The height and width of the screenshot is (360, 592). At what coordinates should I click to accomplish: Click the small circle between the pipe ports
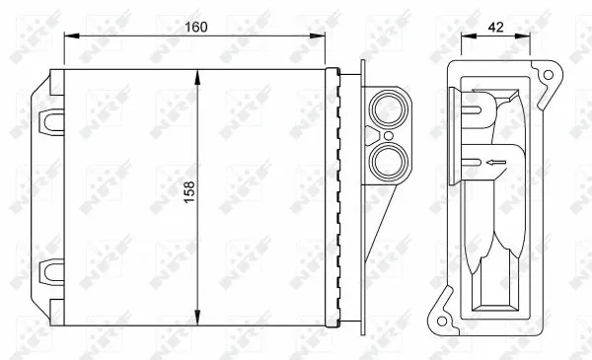click(389, 133)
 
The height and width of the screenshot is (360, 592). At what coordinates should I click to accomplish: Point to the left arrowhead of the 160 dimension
click(69, 35)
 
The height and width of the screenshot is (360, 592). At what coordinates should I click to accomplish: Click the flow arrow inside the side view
click(492, 161)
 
